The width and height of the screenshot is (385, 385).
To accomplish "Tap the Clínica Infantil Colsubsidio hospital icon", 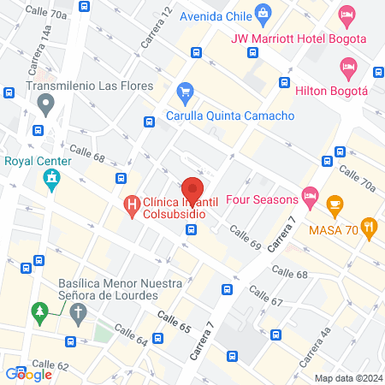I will click(132, 204).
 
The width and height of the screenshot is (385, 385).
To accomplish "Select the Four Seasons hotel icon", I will click(311, 200).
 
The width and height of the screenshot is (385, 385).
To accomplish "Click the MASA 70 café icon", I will click(335, 204).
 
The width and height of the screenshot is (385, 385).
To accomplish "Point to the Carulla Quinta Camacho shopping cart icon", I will click(184, 91).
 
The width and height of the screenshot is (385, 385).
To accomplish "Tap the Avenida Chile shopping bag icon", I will click(264, 12).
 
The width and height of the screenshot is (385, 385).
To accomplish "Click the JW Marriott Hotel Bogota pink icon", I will click(346, 14).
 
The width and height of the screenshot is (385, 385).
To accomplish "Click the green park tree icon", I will click(38, 312).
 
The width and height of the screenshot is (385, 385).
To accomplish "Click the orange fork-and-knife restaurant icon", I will click(370, 227).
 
